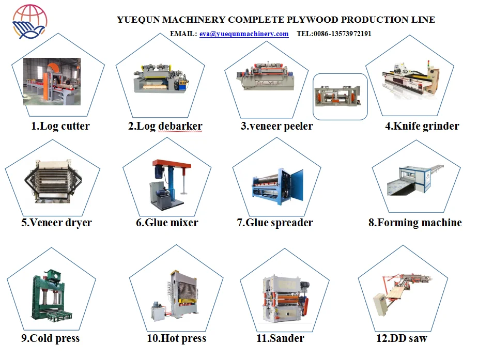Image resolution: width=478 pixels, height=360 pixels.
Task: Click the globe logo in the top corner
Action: coord(29,22)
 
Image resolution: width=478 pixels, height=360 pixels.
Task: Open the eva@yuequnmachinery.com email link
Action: coord(244,34)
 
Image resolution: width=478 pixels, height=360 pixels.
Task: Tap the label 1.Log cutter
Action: coord(60,126)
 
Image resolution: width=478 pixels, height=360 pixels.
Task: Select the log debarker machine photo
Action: coord(160,78)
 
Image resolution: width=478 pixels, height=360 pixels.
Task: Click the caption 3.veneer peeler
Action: coord(276,126)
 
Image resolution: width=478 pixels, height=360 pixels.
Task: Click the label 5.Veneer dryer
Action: coord(56,223)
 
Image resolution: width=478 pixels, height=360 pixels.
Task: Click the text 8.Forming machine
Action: coord(415,223)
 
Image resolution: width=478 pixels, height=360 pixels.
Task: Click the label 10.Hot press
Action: coord(176,339)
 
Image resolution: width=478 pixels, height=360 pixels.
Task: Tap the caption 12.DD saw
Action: coord(402,339)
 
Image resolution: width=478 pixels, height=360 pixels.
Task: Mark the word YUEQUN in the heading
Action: coord(138,20)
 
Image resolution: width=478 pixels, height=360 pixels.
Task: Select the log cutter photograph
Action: coord(52,81)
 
